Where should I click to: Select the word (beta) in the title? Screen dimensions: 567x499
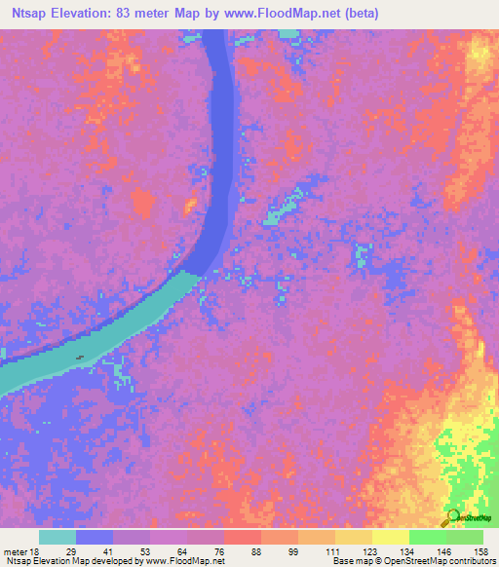(358, 14)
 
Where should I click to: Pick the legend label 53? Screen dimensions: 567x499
(146, 551)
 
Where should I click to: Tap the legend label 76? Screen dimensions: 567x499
(220, 551)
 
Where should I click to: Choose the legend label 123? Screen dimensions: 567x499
(369, 551)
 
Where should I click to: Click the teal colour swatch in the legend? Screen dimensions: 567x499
(58, 537)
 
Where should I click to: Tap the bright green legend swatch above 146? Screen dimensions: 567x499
(427, 537)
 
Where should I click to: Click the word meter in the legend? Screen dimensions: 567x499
(13, 551)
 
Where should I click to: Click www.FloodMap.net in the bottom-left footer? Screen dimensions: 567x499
(186, 561)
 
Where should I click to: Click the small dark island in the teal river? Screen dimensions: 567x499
(79, 356)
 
